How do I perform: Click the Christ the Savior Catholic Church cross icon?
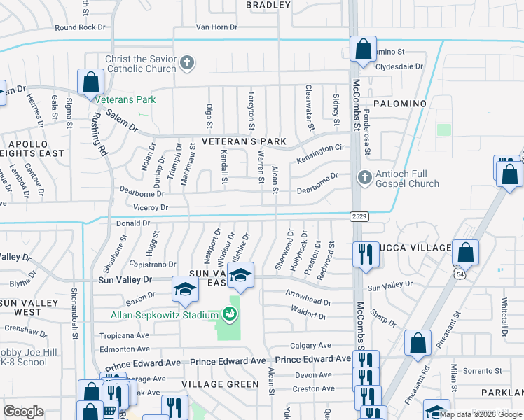[x=186, y=64]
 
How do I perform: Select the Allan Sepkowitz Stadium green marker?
[x=229, y=315]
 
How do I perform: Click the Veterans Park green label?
[x=125, y=99]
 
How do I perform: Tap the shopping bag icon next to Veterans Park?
[x=90, y=82]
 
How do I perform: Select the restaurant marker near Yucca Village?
[x=364, y=253]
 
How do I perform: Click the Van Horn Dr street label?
[x=213, y=27]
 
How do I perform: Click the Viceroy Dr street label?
[x=151, y=208]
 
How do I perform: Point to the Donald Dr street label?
[x=133, y=223]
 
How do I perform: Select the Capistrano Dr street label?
[x=153, y=264]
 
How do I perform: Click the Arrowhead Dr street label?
[x=308, y=301]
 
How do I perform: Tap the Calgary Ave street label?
[x=310, y=346]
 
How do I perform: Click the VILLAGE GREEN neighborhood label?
[x=220, y=384]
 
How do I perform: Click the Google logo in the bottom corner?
[x=23, y=411]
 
